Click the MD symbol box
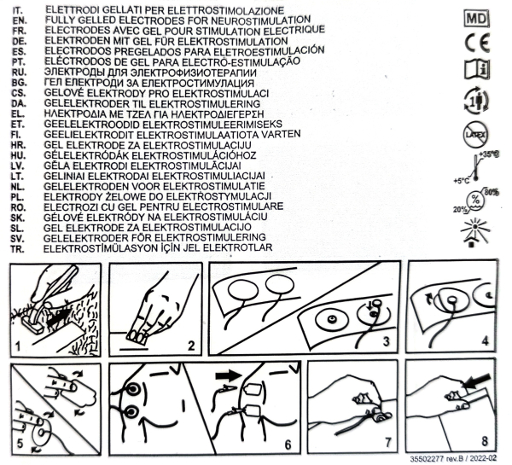tap(477, 18)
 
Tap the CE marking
tap(477, 44)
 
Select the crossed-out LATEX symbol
tap(476, 135)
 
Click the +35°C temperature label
tap(490, 154)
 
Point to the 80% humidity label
tap(492, 192)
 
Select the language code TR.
tap(17, 249)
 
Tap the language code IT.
tap(18, 11)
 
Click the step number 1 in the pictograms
tap(18, 346)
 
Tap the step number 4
tap(485, 341)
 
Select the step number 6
tap(288, 445)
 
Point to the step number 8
tap(485, 441)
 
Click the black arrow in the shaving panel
tap(59, 317)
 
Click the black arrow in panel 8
tap(478, 381)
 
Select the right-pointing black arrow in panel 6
tap(228, 375)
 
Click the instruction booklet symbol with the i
tap(477, 69)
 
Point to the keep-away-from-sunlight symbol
tap(474, 232)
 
